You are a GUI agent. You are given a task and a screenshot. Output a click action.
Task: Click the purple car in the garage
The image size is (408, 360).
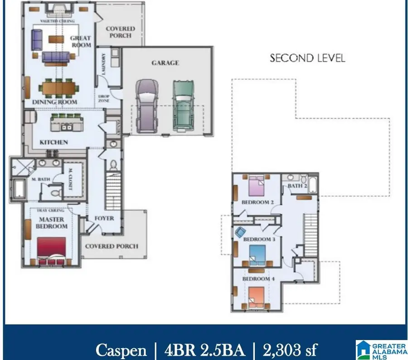click(147, 106)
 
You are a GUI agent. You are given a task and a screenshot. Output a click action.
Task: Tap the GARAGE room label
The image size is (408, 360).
click(165, 63)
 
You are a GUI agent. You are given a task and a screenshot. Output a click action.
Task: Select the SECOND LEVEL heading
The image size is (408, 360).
click(307, 58)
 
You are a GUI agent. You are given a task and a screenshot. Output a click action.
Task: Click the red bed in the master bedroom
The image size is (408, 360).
click(51, 248)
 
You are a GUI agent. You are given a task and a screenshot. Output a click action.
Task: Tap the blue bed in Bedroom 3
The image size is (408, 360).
click(257, 254)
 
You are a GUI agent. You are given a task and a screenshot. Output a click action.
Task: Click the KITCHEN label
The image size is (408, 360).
click(53, 142)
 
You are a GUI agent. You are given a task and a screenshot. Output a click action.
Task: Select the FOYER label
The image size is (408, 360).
click(104, 218)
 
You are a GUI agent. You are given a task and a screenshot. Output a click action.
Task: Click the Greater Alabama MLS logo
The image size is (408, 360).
click(381, 350)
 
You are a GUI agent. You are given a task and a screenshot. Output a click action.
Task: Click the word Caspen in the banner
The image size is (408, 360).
click(121, 350)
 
